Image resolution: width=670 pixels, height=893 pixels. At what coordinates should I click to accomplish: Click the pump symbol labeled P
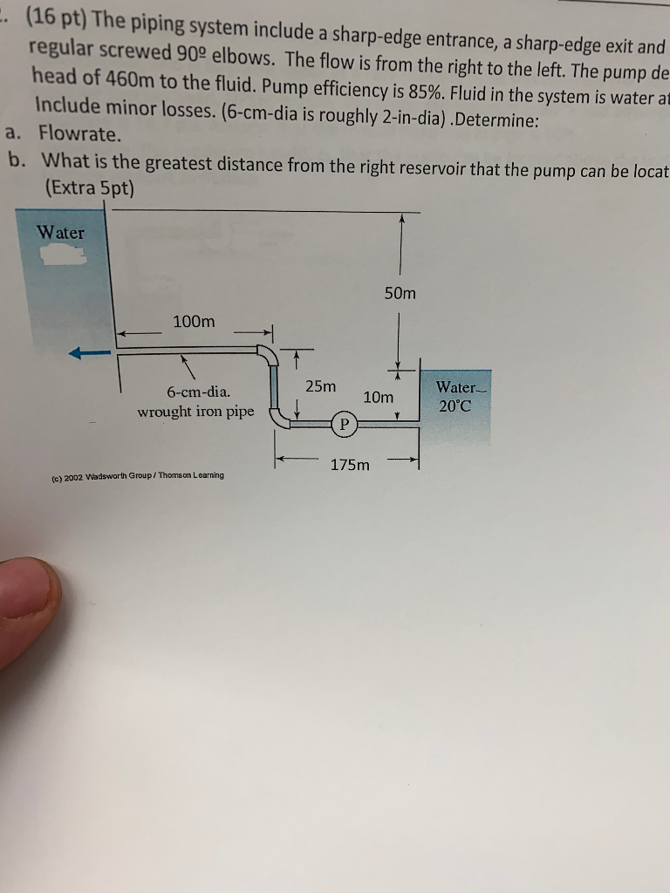coord(344,425)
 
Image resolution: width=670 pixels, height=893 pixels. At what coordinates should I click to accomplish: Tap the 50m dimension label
coord(400,294)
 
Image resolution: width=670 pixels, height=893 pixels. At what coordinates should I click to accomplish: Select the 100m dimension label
coord(194,322)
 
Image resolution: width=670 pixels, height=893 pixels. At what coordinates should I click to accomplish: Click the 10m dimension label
coord(378,398)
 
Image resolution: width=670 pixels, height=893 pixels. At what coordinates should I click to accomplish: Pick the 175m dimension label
coord(350,465)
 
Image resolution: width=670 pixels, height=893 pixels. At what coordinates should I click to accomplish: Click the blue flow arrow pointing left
coord(90,353)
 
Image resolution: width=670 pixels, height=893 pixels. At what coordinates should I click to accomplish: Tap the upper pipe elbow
coord(268,355)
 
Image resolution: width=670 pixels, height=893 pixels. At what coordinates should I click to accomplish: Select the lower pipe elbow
coord(280,419)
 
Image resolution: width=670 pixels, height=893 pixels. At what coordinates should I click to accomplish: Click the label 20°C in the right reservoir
coord(455,406)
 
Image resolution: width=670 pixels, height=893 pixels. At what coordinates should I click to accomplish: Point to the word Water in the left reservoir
coord(61,233)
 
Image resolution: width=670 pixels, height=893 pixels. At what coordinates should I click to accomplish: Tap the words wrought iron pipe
coord(196,411)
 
